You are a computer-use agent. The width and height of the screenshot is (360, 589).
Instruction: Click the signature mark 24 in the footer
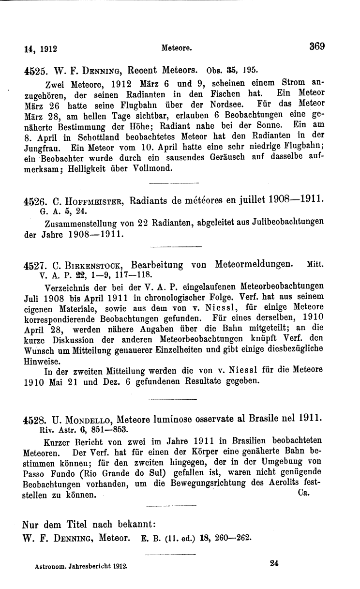pyautogui.click(x=276, y=563)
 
